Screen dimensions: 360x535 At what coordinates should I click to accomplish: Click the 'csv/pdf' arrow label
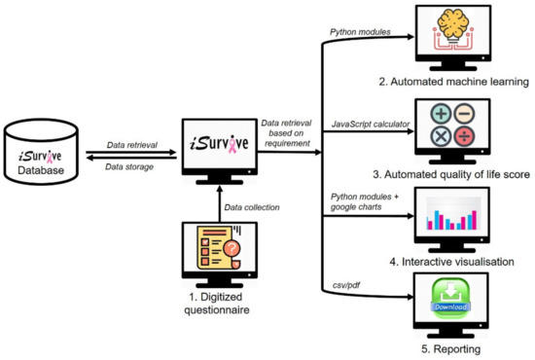click(345, 284)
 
